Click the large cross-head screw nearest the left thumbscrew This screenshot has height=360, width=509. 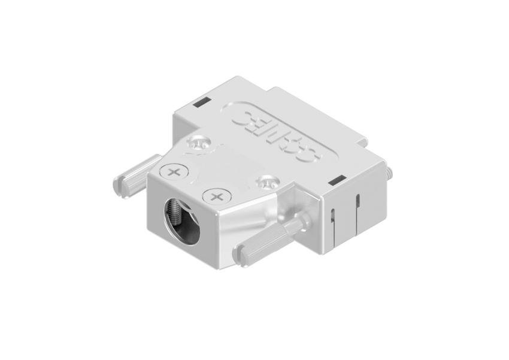[x=174, y=173]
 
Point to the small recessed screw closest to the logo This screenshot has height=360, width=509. [x=199, y=144]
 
